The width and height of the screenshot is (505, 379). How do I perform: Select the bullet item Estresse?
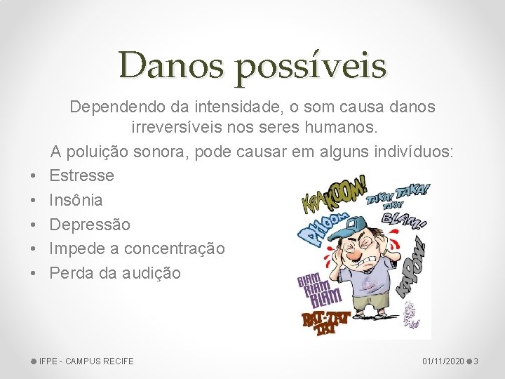(81, 175)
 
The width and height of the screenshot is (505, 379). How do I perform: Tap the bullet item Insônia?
(76, 200)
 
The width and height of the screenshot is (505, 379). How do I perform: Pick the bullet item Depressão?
(90, 225)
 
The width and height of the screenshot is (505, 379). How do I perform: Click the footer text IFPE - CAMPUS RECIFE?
(86, 361)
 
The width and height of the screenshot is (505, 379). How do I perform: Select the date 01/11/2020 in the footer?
(442, 361)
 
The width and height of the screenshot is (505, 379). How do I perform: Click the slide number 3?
(476, 361)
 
